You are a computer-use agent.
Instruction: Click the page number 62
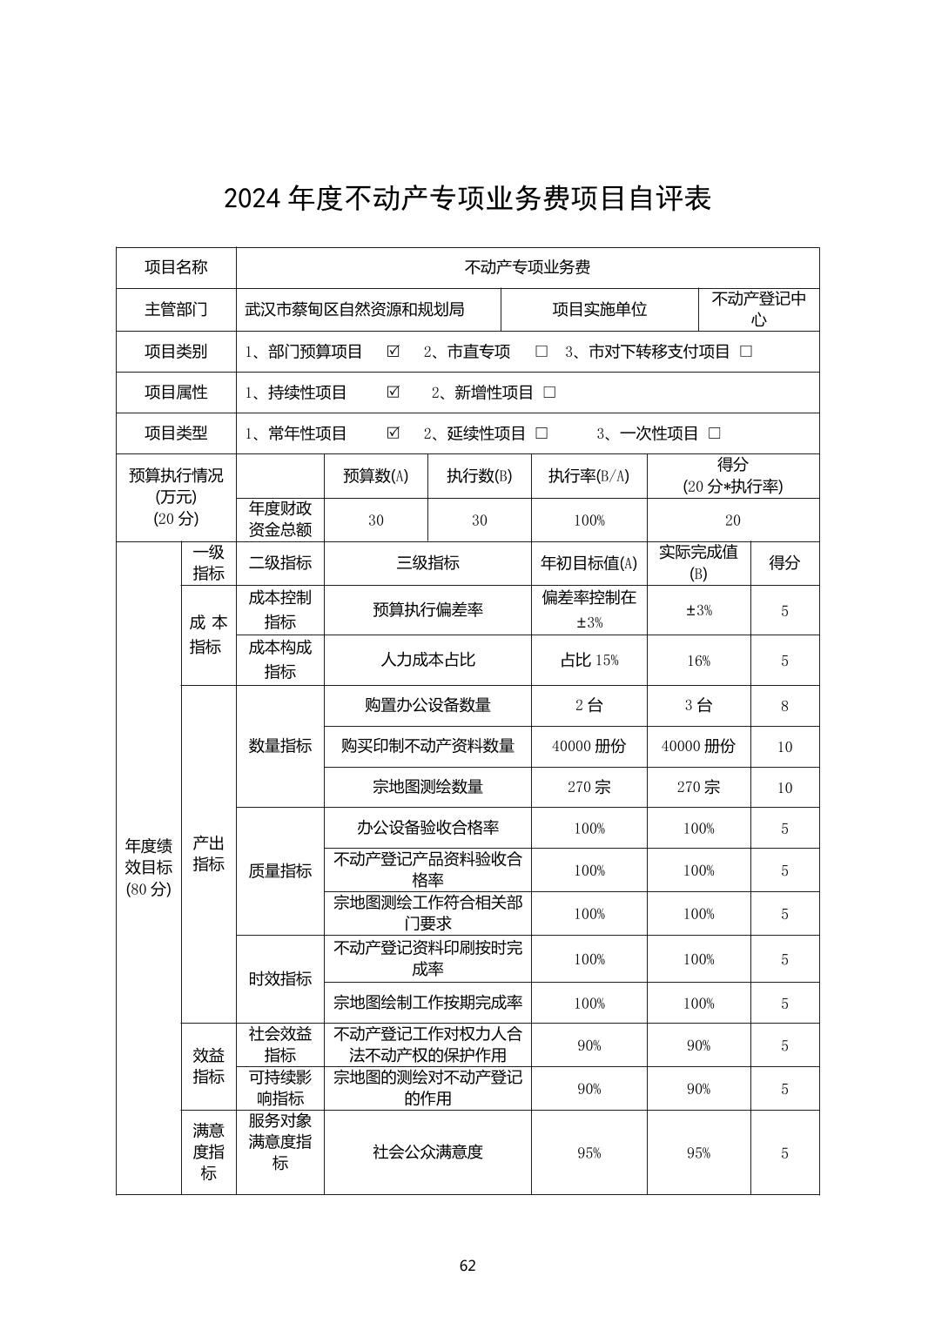pos(467,1266)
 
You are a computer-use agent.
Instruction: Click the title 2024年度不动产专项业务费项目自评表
pos(467,198)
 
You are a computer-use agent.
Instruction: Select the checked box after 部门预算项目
pos(394,352)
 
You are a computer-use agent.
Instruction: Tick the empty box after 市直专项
pos(541,352)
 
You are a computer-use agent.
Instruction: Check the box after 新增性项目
pos(549,393)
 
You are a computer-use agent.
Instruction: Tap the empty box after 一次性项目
pos(715,433)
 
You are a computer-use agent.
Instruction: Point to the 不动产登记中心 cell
pos(758,309)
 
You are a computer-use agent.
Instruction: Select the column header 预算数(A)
pos(375,476)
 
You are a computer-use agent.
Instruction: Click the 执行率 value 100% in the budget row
pos(589,520)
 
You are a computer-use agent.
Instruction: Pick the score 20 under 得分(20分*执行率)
pos(733,520)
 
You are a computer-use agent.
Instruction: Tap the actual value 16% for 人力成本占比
pos(698,661)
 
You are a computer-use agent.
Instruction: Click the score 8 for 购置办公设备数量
pos(784,706)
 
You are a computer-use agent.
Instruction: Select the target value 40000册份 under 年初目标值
pos(589,747)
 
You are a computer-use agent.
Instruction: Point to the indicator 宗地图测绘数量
pos(427,787)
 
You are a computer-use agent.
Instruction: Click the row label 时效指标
pos(280,979)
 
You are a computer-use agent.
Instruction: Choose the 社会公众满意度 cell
pos(427,1152)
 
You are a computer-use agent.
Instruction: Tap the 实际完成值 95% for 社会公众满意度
pos(698,1153)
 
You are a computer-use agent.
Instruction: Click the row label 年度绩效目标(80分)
pos(149,867)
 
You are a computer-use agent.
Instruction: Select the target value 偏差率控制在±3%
pos(589,609)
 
